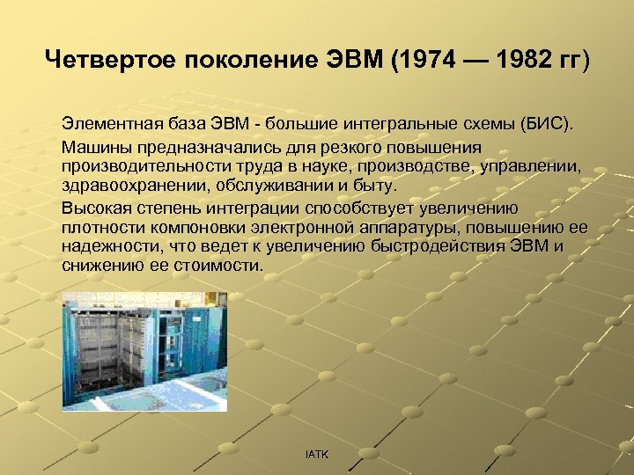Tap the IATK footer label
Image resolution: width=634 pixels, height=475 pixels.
[316, 454]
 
